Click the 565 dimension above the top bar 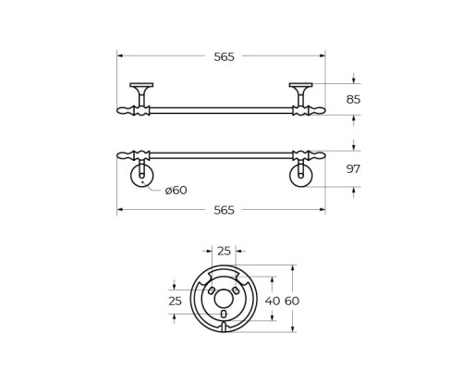(x=224, y=56)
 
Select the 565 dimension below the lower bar (x=224, y=210)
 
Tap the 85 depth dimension (x=353, y=99)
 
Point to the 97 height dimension (x=353, y=168)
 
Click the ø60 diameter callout (x=176, y=191)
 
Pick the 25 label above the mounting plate (x=224, y=251)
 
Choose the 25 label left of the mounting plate (x=175, y=302)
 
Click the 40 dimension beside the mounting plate (x=272, y=301)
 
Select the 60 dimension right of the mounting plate (x=292, y=301)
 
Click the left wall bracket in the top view (x=141, y=92)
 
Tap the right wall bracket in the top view (x=300, y=92)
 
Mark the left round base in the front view (x=141, y=176)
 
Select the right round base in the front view (x=301, y=176)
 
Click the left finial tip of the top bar (x=122, y=110)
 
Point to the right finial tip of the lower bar (x=320, y=155)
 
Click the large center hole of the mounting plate (x=224, y=298)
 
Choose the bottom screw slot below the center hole (x=224, y=314)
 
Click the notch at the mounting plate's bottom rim (x=224, y=327)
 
